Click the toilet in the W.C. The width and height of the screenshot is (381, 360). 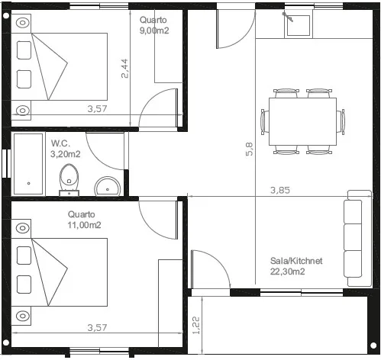tap(69, 178)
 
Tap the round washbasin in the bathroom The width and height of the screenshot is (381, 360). tap(108, 185)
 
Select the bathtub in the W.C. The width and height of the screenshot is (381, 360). tap(28, 163)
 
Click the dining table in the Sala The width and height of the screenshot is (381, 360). tap(302, 122)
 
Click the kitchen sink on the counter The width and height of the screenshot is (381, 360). tap(298, 24)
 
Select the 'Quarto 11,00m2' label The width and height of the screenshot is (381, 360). tap(84, 220)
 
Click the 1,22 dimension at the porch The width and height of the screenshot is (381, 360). tap(196, 326)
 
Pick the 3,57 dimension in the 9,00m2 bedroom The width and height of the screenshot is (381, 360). tap(97, 109)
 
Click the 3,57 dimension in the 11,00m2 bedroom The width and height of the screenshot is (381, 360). tap(97, 327)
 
